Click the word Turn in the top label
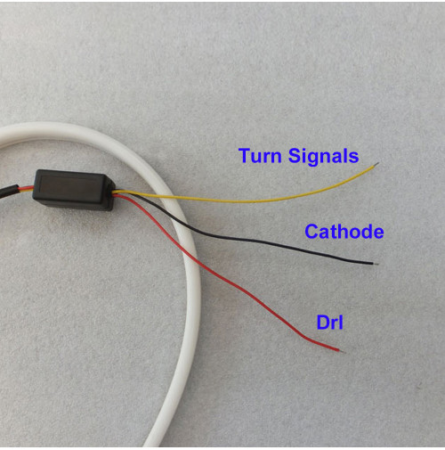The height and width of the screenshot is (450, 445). point(260,156)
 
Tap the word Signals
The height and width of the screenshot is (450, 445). point(323,157)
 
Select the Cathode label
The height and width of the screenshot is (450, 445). point(344,232)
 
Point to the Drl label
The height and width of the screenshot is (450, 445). point(329,323)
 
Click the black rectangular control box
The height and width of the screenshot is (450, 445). point(74,190)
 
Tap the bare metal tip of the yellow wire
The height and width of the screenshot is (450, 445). point(376,164)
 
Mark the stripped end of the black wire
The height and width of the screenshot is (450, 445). point(376,264)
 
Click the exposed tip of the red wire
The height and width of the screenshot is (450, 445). point(342,351)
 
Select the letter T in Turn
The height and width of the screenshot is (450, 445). point(244,155)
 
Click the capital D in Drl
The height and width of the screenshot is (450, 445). point(323,323)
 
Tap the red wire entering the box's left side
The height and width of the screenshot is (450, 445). point(26,188)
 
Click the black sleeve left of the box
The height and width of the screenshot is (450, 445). point(9,191)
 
